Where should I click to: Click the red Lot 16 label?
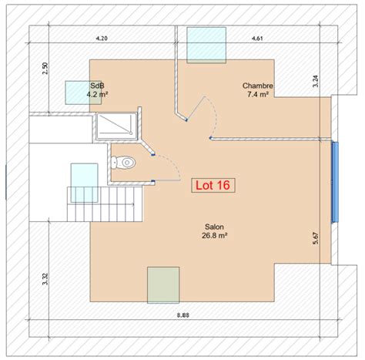(x=213, y=185)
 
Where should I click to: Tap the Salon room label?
(x=214, y=227)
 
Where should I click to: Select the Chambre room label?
(x=258, y=86)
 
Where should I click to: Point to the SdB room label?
(x=97, y=86)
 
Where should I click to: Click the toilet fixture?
(x=123, y=163)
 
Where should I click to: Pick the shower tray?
(x=116, y=126)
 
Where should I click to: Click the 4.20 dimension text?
(x=102, y=39)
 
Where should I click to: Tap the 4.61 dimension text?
(x=257, y=39)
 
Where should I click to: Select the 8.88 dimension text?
(x=183, y=315)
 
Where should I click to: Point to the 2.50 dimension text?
(x=45, y=69)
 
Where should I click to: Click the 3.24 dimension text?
(x=316, y=81)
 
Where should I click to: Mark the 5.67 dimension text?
(x=316, y=238)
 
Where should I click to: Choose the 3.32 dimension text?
(x=45, y=279)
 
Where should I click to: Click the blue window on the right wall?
(x=335, y=181)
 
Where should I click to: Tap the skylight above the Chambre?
(x=206, y=45)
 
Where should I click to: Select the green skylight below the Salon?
(x=163, y=285)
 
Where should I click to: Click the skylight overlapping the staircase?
(x=84, y=183)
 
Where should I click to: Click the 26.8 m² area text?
(x=215, y=235)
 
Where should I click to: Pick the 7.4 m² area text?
(x=258, y=94)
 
